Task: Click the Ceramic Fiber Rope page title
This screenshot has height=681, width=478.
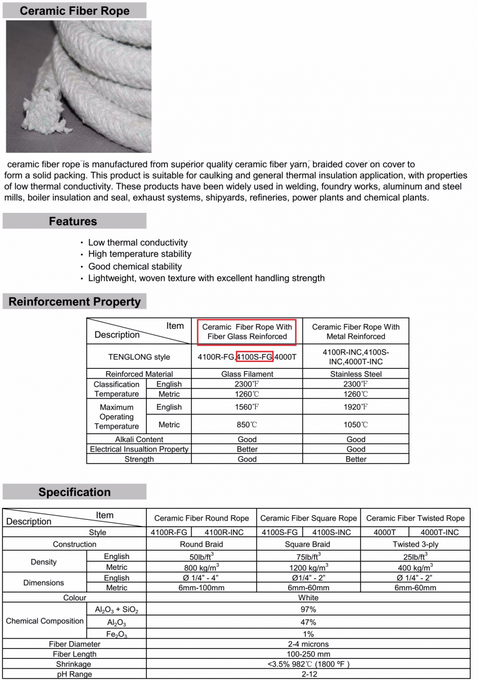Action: pos(74,11)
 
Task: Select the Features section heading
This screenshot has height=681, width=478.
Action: pos(73,221)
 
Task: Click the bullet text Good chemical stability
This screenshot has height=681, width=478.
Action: pos(135,266)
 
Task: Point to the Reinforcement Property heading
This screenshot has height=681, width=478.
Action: pos(74,302)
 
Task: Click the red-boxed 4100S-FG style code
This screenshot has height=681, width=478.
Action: pos(255,356)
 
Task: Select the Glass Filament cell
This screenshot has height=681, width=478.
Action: pos(247,374)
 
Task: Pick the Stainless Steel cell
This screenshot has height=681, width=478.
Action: pos(356,374)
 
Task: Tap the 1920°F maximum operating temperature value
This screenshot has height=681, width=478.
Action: pos(356,407)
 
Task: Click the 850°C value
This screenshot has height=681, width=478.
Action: pos(247,424)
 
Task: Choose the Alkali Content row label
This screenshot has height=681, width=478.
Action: pos(139,439)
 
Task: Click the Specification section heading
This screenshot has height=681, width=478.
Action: pos(74,492)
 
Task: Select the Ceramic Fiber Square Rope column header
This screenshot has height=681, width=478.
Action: pos(308,518)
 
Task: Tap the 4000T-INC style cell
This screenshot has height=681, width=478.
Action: pos(440,532)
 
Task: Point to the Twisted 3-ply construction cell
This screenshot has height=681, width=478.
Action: pos(416,544)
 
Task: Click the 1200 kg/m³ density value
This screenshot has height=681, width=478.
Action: pos(308,567)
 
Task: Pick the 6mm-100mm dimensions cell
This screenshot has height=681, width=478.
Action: pos(201,587)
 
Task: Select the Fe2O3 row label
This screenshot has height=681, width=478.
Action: pos(116,633)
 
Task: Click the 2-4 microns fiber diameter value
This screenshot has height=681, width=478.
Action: pos(308,644)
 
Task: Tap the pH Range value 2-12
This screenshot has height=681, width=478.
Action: pos(308,674)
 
